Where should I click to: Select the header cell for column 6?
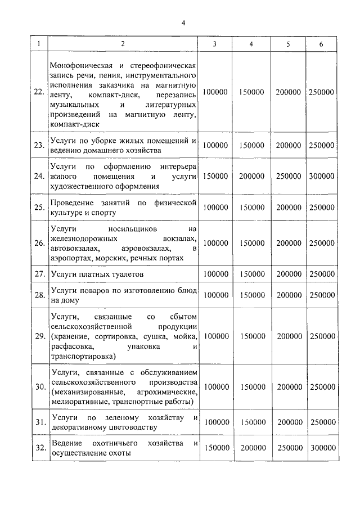pos(321,44)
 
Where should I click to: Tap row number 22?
pos(39,92)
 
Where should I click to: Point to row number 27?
pos(39,274)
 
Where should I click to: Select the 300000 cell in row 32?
pos(322,448)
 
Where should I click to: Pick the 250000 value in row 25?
pos(322,208)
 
